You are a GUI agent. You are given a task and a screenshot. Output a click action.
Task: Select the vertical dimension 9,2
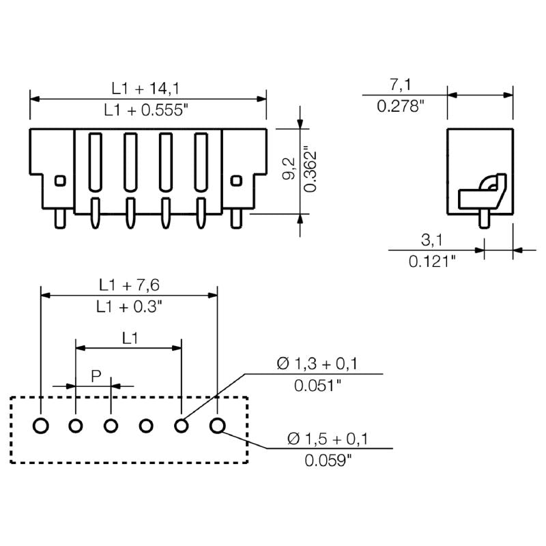coord(289,169)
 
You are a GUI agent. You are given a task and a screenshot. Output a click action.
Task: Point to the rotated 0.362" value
coord(311,169)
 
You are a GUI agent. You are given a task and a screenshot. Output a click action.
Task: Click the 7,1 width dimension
coord(400,85)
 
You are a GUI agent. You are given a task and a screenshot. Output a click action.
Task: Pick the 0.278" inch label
coord(401,106)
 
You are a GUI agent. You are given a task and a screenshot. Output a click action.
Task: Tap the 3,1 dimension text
coord(431,240)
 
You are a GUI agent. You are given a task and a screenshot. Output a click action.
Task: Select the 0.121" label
coord(431,261)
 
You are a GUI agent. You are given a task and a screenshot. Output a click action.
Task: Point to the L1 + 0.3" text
coord(129,306)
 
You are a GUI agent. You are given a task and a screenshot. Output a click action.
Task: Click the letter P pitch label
coord(96,375)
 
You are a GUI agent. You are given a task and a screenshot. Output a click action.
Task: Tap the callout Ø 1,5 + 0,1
coord(328,439)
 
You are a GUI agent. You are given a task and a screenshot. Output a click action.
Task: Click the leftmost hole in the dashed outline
coord(41,427)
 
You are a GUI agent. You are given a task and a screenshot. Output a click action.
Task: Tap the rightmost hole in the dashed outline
coord(217,427)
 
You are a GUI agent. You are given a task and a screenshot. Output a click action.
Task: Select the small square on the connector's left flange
coord(60,181)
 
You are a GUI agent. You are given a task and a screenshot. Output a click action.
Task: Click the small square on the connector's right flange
coord(237,181)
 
